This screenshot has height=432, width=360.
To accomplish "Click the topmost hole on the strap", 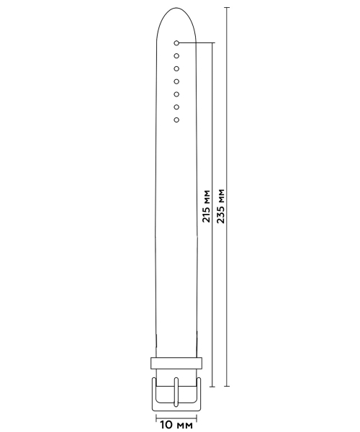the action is click(176, 43).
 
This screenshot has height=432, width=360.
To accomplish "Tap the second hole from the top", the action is click(176, 56).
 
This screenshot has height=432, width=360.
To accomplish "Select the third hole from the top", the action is click(176, 68).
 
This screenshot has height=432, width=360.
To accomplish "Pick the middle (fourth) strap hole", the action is click(176, 81).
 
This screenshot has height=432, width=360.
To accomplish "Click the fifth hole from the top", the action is click(176, 94).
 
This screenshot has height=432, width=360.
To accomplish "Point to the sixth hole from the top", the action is click(176, 107).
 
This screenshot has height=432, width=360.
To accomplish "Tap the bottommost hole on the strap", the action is click(176, 120).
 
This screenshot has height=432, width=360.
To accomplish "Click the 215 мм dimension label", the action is click(207, 206).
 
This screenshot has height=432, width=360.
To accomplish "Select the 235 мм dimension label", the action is click(220, 206).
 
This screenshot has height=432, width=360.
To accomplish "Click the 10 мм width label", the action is click(176, 425).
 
